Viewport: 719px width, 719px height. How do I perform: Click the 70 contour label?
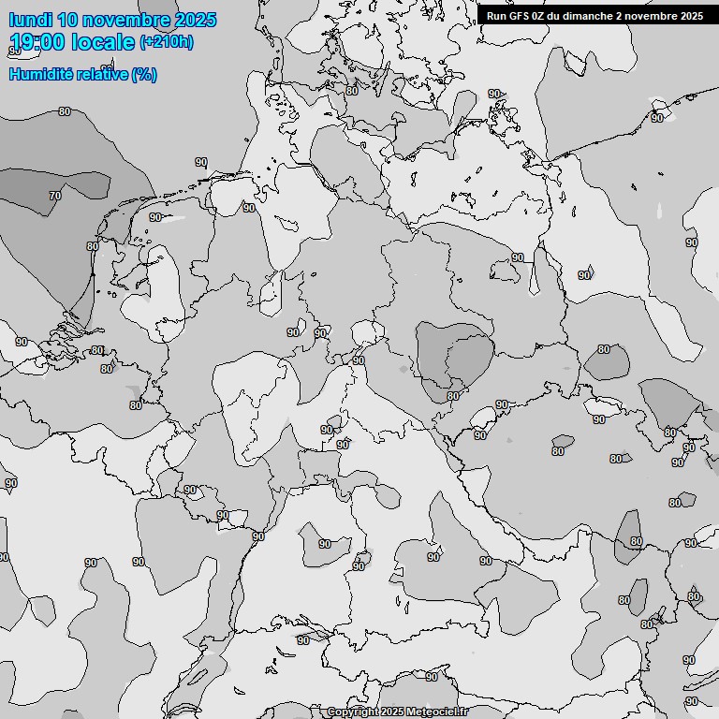pyautogui.click(x=55, y=196)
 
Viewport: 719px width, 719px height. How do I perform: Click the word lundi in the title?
pyautogui.click(x=30, y=20)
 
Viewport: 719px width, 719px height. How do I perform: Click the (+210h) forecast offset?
pyautogui.click(x=167, y=42)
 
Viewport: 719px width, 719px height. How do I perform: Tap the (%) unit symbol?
pyautogui.click(x=144, y=75)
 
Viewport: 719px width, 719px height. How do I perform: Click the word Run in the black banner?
pyautogui.click(x=496, y=15)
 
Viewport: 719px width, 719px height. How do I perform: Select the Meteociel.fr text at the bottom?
pyautogui.click(x=437, y=712)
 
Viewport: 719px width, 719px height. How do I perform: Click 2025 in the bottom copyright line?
pyautogui.click(x=392, y=712)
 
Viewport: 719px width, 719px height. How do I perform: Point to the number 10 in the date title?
pyautogui.click(x=66, y=20)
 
